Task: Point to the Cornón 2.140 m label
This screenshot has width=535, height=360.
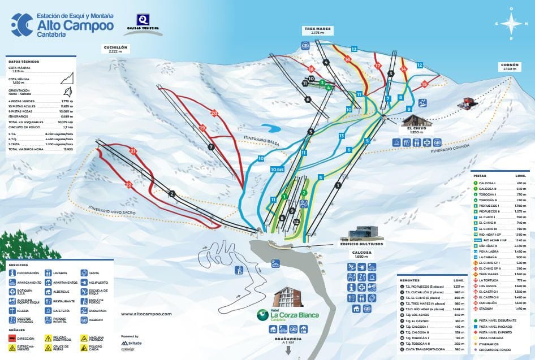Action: click(x=509, y=66)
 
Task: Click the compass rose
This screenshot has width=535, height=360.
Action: click(x=511, y=24)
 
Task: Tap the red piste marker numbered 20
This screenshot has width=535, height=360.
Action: click(x=214, y=113)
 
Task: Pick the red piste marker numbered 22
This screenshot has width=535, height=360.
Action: click(x=130, y=184)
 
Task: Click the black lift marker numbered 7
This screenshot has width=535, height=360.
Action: click(x=210, y=146)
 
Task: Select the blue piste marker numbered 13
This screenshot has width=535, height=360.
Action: click(x=342, y=136)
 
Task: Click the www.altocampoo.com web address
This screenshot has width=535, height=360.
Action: click(x=146, y=314)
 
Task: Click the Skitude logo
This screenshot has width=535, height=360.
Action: click(x=131, y=343)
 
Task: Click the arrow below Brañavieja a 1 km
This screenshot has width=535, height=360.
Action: click(x=289, y=349)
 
